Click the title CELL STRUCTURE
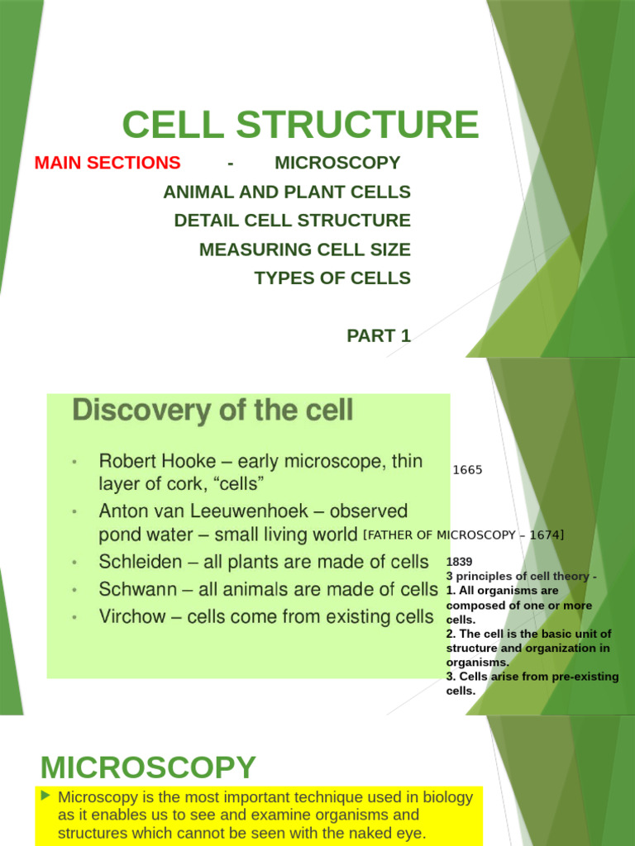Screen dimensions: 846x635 pos(300,125)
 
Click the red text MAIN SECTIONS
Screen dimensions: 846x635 pos(107,163)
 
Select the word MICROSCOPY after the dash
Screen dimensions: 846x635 pos(337,163)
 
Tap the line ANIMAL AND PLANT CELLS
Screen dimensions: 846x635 pos(287,192)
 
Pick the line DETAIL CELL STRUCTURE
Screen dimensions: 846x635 pos(292,221)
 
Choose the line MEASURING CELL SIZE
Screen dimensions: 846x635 pos(304,249)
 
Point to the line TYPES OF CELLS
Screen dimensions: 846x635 pos(332,278)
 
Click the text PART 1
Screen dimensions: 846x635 pos(378,335)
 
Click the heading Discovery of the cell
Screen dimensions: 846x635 pos(212,410)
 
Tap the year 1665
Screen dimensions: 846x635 pos(467,470)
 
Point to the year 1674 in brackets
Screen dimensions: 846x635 pos(543,535)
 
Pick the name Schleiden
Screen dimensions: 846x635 pos(140,563)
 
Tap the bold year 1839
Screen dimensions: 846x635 pos(459,562)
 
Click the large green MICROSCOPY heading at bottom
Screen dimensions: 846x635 pos(148,768)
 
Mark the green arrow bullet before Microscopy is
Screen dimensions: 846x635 pos(46,796)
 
